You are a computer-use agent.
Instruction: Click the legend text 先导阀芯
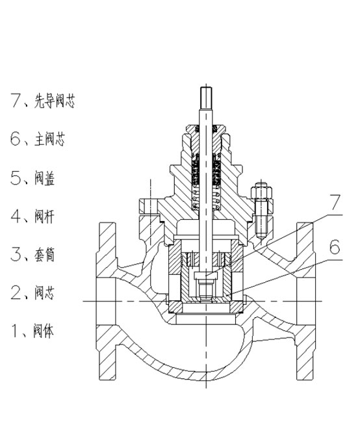(55, 101)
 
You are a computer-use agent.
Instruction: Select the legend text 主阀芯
(49, 139)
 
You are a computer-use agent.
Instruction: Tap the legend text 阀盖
(45, 178)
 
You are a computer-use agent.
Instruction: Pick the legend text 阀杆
(45, 216)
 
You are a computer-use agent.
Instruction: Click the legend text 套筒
(45, 254)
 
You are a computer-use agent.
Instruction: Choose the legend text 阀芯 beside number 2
(45, 292)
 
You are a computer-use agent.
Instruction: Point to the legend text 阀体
(44, 331)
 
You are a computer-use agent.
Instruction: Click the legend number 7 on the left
(16, 100)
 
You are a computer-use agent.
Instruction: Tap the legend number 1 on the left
(14, 330)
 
